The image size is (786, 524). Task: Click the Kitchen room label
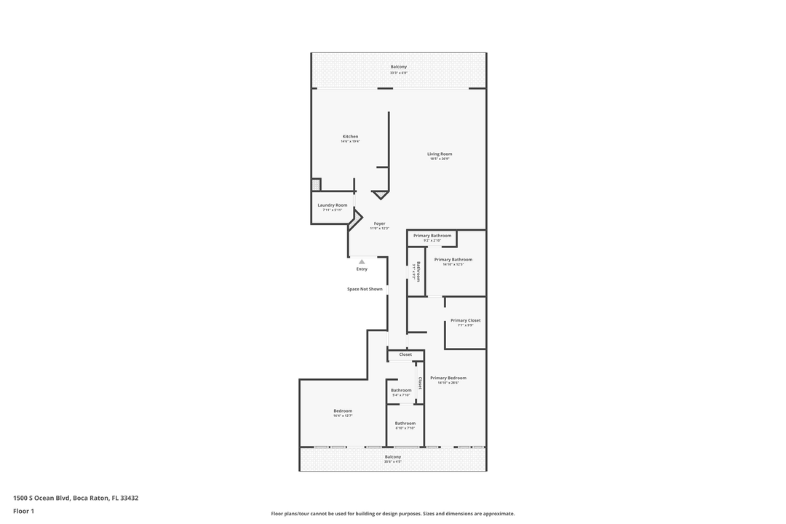[x=350, y=137]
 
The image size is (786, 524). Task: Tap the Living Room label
[x=440, y=154]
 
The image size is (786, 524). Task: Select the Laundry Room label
[x=332, y=205]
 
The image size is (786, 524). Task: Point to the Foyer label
[x=379, y=223]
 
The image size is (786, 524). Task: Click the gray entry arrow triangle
[x=362, y=261]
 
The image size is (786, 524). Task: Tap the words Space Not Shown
[x=365, y=289]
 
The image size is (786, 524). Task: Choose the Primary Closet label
[x=465, y=320]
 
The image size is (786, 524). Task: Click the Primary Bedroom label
[x=448, y=378]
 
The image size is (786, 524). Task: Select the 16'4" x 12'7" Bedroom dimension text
[x=343, y=416]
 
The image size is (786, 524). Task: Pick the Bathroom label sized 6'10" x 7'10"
[x=405, y=424]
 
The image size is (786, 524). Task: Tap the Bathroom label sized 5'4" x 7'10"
[x=401, y=390]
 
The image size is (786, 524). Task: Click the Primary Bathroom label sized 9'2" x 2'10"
[x=432, y=236]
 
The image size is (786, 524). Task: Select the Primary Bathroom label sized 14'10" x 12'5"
[x=453, y=260]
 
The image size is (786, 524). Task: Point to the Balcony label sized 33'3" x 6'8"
[x=398, y=67]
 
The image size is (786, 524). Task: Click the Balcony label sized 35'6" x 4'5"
[x=393, y=457]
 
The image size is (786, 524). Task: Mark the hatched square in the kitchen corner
[x=316, y=184]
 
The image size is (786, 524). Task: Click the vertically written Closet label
[x=420, y=383]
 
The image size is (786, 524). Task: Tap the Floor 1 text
[x=23, y=511]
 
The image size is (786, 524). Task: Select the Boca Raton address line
[x=76, y=498]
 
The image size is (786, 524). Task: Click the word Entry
[x=362, y=269]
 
